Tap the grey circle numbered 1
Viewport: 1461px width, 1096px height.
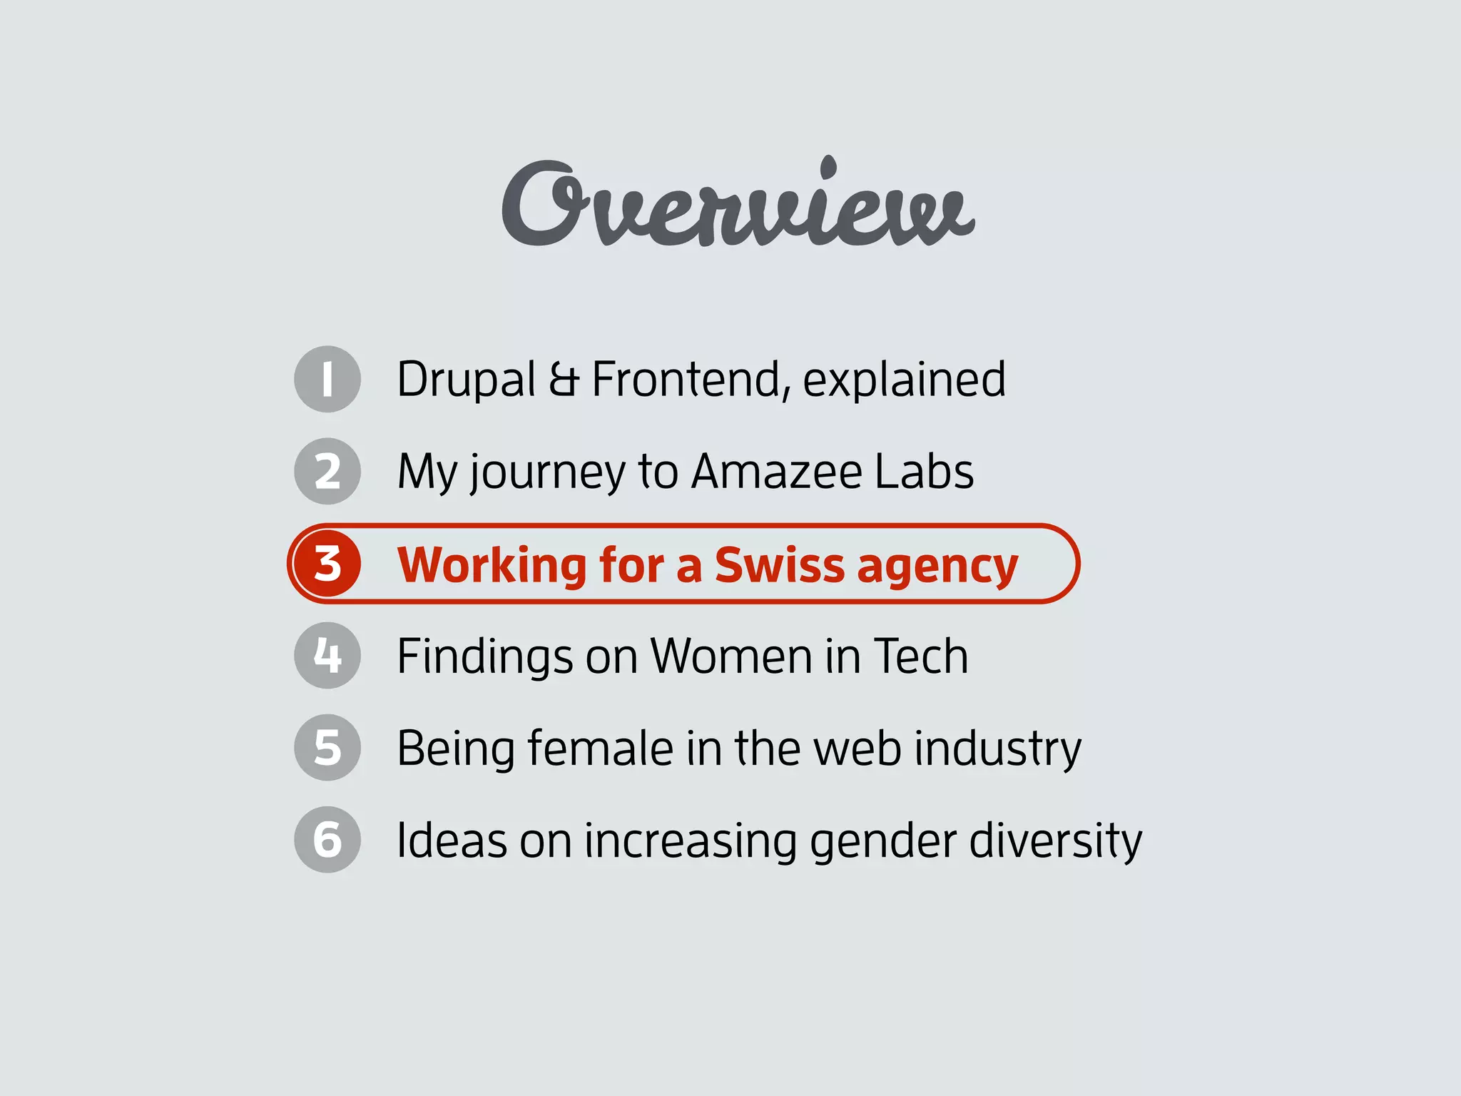pos(327,379)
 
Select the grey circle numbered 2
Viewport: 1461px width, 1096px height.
pos(327,471)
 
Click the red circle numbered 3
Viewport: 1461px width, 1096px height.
pos(327,564)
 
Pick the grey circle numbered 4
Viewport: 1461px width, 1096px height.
pos(327,655)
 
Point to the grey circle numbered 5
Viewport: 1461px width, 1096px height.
pos(327,747)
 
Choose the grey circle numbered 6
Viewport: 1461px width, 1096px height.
pos(327,839)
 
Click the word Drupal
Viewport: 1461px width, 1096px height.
pos(466,380)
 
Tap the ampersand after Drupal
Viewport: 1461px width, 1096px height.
pos(564,380)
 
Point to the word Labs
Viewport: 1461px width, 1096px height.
pos(924,472)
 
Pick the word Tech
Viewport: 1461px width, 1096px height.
pos(920,656)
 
